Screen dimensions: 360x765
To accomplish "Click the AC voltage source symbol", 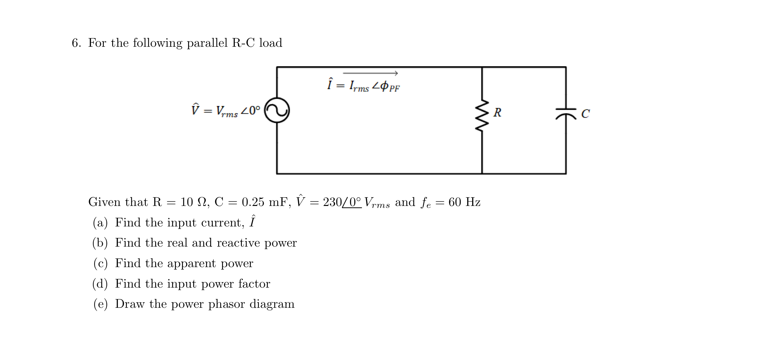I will pos(277,110).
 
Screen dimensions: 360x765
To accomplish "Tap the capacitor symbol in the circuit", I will pos(566,113).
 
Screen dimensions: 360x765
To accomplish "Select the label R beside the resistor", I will pos(497,112).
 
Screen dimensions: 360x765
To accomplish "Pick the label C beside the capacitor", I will pos(585,114).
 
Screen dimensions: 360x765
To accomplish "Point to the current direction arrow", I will pos(370,73).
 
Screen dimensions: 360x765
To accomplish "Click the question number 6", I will pos(76,43).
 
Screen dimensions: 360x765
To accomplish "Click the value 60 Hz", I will pos(464,202).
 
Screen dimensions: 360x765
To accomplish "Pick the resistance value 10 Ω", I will pos(193,202).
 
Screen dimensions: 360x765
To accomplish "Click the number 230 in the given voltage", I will pos(332,202).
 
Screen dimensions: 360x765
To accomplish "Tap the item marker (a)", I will pos(100,223).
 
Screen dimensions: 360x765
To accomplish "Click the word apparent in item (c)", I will pos(191,263).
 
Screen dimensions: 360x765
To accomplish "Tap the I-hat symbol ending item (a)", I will pos(252,221).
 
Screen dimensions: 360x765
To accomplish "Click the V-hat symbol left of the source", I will pos(195,110).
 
